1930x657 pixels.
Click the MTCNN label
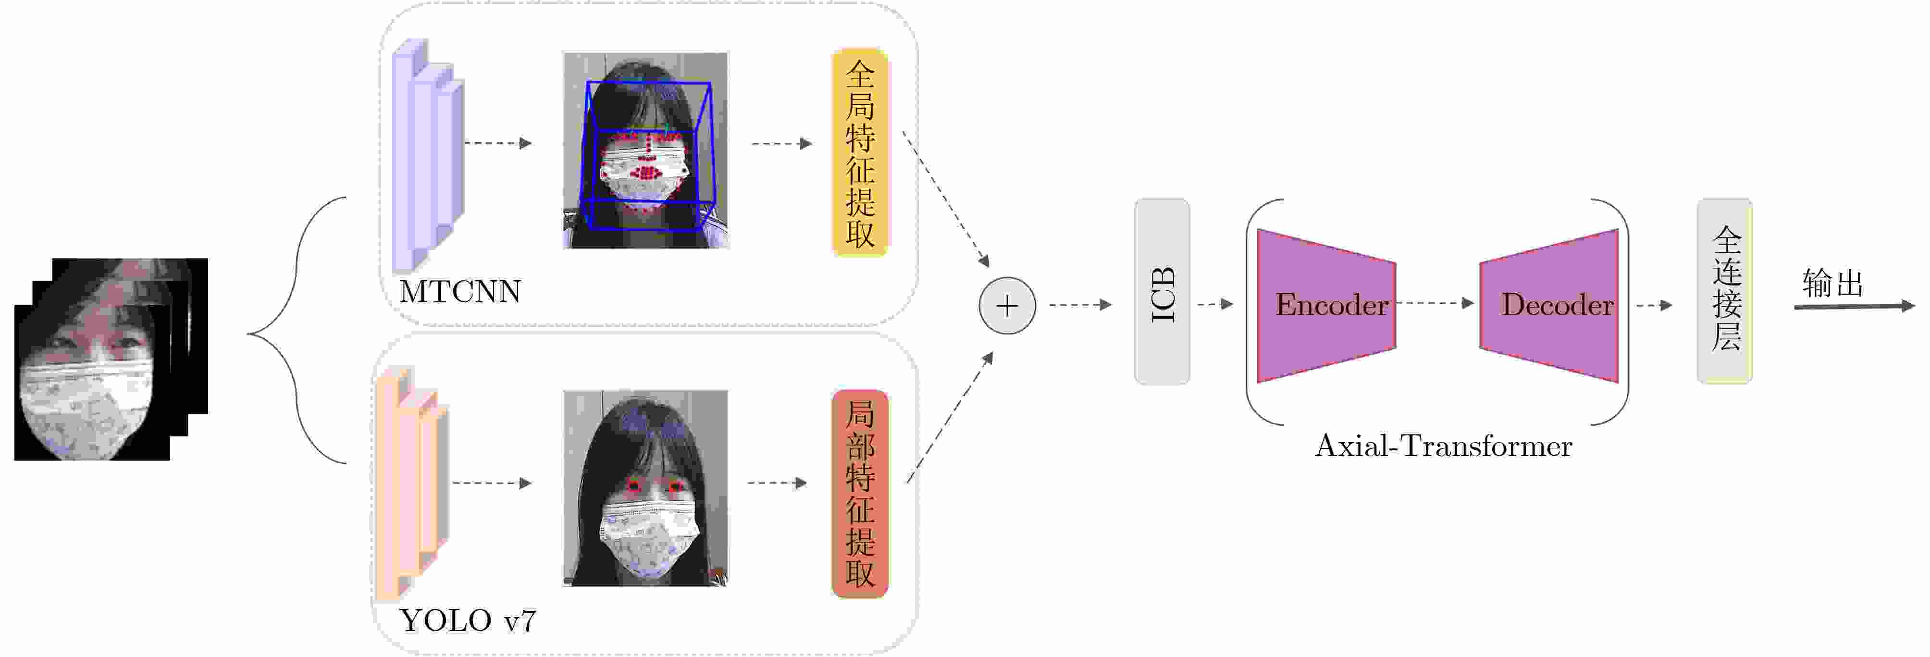(459, 291)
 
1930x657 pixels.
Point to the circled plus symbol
(1007, 306)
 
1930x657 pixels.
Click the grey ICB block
(1162, 292)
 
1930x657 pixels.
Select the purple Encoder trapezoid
(1325, 305)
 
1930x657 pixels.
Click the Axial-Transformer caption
(1443, 446)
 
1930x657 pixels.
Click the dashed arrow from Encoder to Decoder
(1434, 303)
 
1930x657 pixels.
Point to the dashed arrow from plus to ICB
(1080, 305)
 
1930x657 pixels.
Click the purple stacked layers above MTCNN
(428, 154)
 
